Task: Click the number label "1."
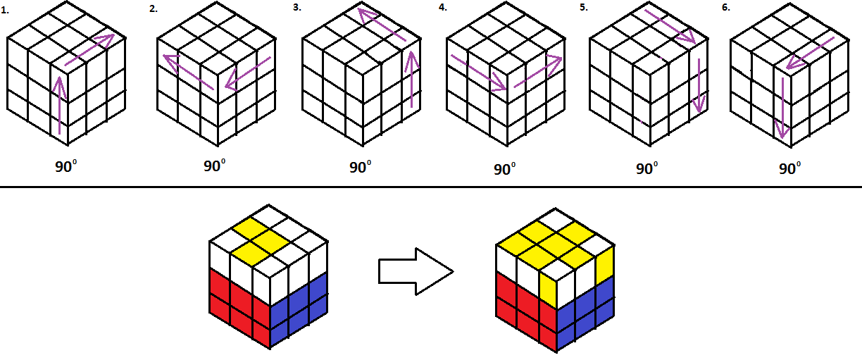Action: (x=6, y=9)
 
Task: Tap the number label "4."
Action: (x=442, y=9)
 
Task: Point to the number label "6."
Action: (x=735, y=9)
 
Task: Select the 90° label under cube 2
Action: (x=215, y=167)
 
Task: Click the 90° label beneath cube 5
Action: (x=646, y=169)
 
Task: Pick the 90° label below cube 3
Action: (x=361, y=168)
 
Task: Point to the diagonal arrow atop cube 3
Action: (x=382, y=25)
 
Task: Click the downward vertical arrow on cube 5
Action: (x=698, y=86)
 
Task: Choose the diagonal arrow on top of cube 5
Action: (x=670, y=27)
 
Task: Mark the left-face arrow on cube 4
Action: (x=477, y=73)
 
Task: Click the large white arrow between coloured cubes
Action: (x=413, y=271)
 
